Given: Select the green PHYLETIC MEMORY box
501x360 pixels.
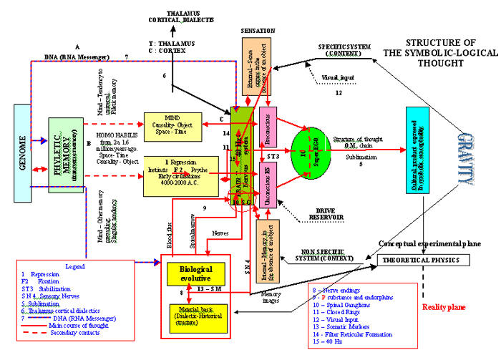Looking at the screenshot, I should [x=65, y=154].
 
